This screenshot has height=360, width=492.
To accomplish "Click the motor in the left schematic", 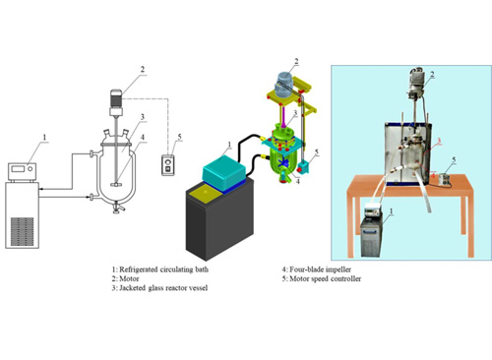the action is pyautogui.click(x=116, y=102).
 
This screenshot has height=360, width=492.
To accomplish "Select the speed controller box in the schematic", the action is pyautogui.click(x=168, y=165).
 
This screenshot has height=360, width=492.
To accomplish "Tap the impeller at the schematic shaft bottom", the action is pyautogui.click(x=115, y=184).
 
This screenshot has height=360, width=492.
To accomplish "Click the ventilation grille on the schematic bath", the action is pyautogui.click(x=22, y=231).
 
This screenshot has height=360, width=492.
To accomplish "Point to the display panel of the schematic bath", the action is pyautogui.click(x=18, y=169).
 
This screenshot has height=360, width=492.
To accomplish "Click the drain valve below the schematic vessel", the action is pyautogui.click(x=116, y=208).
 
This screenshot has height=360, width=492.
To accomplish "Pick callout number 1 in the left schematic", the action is pyautogui.click(x=44, y=138).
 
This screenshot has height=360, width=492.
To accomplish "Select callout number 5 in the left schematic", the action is pyautogui.click(x=179, y=137).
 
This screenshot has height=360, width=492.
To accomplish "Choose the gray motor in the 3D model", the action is pyautogui.click(x=284, y=85).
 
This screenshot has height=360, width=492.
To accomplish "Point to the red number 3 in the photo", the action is pyautogui.click(x=438, y=141).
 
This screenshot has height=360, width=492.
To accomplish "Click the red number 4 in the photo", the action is pyautogui.click(x=433, y=175).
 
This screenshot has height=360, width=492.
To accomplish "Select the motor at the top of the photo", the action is pyautogui.click(x=415, y=83).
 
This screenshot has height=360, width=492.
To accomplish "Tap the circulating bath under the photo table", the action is pyautogui.click(x=372, y=231).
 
